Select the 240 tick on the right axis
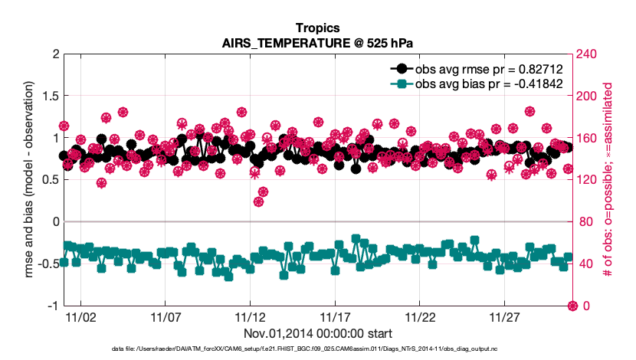(586, 54)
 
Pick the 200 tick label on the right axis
(586, 97)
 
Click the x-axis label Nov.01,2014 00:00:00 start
(317, 334)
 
